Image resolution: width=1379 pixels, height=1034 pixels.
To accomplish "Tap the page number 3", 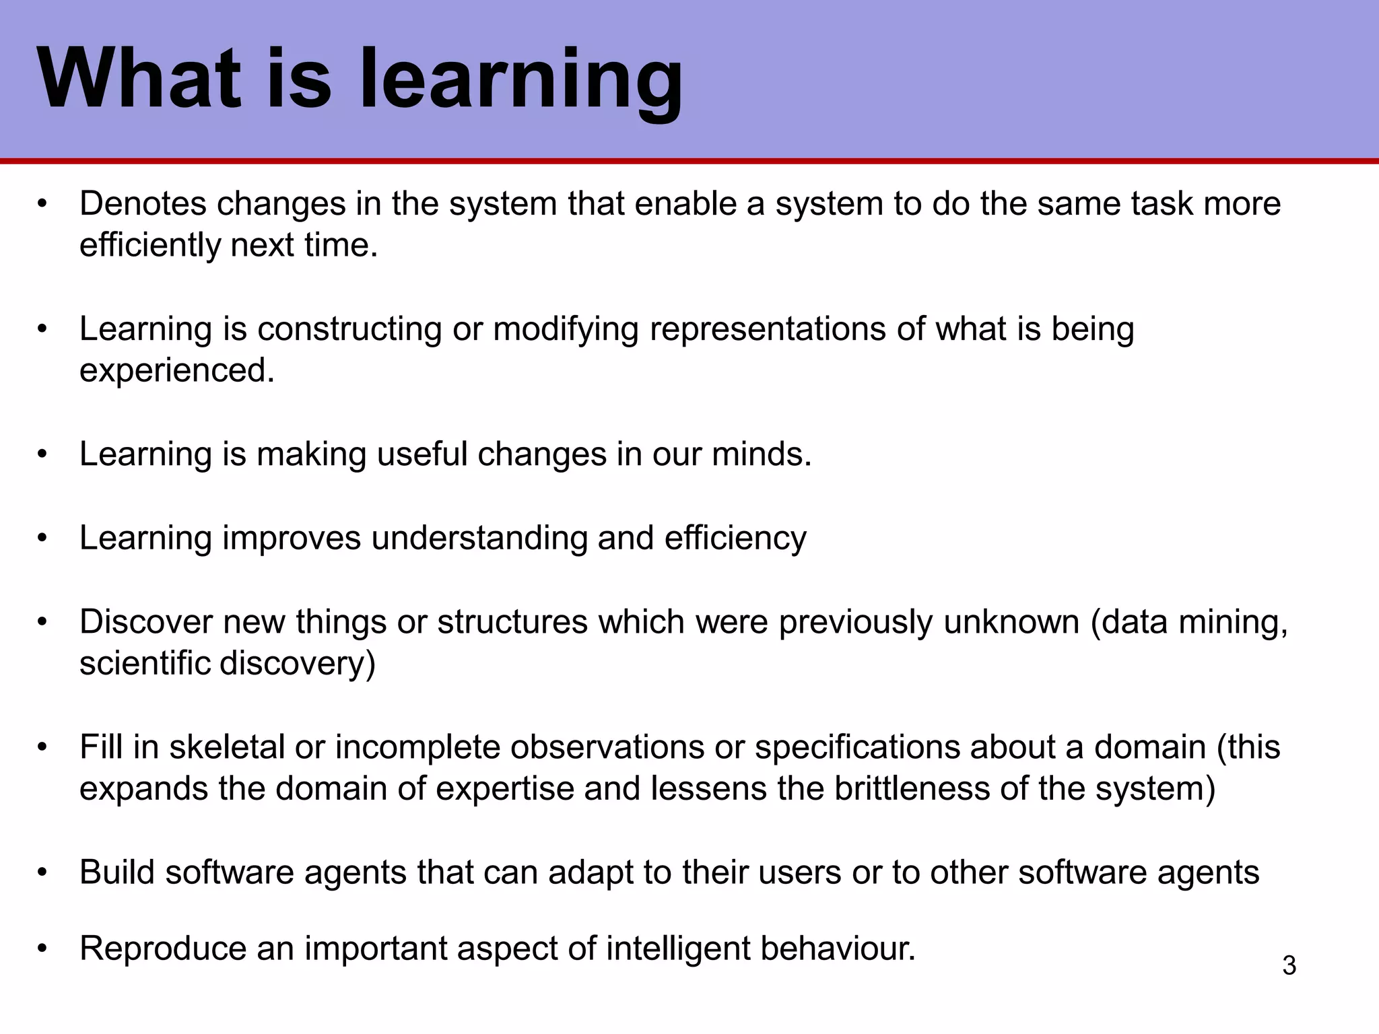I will [1289, 966].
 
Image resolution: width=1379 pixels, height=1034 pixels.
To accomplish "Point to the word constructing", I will [349, 329].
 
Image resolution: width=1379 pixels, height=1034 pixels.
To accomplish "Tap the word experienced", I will [176, 371].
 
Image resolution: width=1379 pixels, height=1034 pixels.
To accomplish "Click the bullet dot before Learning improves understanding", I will [43, 539].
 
